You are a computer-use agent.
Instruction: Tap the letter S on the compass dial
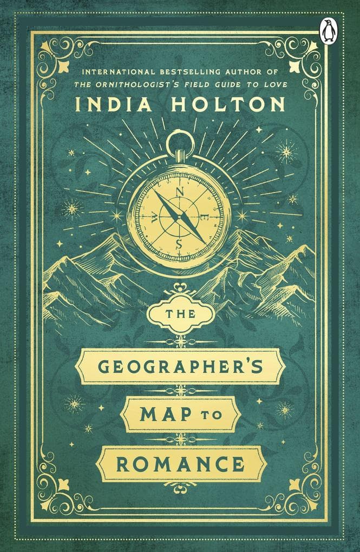click(x=179, y=243)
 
